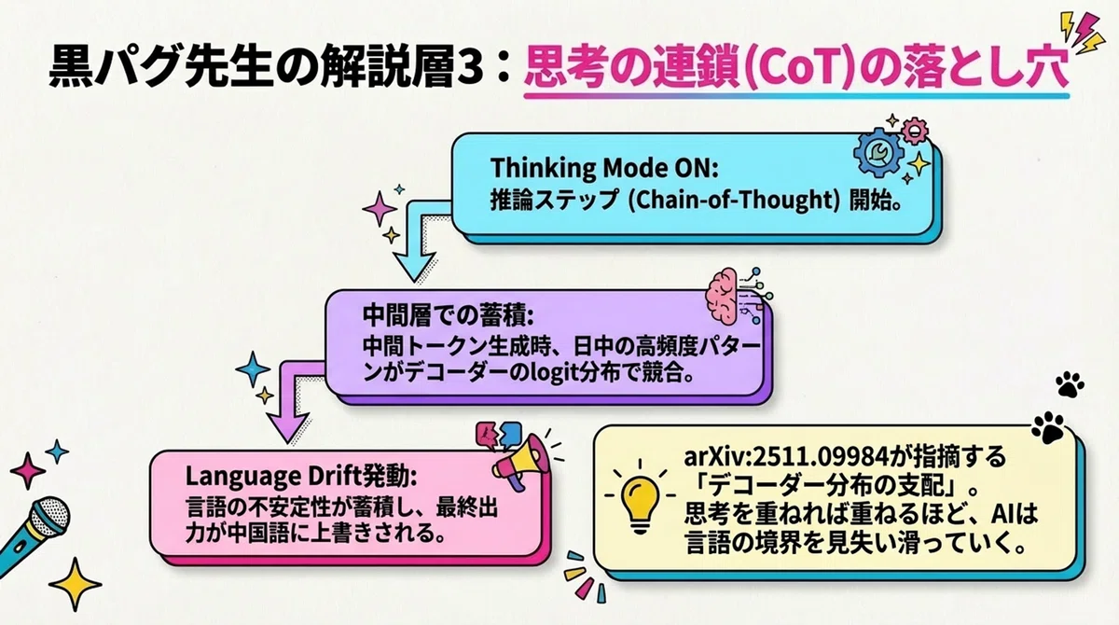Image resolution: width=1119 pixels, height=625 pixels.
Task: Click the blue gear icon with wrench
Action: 878,152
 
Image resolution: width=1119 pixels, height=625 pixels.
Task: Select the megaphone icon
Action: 519,461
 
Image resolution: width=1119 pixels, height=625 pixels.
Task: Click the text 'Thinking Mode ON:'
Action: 604,168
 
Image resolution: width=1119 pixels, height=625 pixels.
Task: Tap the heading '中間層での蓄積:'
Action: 449,314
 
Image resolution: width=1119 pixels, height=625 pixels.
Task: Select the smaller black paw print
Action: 1070,384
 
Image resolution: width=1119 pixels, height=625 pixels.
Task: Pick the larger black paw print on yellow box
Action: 1048,428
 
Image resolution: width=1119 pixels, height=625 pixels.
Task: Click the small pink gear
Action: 914,131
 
